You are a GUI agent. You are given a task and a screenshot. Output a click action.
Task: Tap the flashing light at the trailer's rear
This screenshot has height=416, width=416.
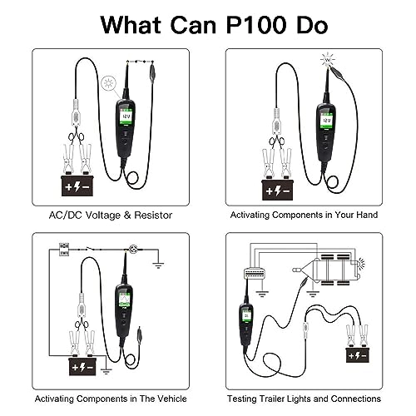click(x=361, y=264)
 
